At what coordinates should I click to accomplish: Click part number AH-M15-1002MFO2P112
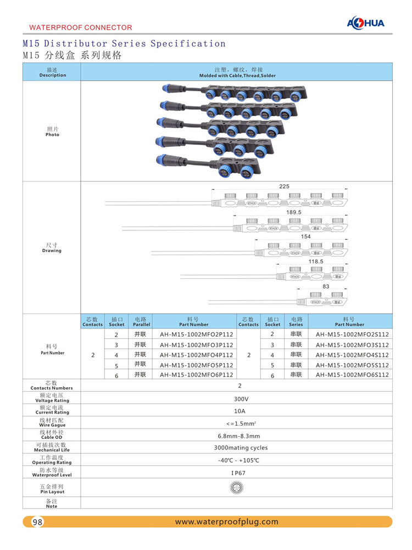pos(196,334)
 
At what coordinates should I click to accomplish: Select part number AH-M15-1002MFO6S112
pos(352,375)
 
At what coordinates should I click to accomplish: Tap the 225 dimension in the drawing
pos(284,187)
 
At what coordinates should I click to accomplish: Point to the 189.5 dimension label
pos(294,212)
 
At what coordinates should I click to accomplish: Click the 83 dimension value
pos(326,287)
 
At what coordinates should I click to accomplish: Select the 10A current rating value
pos(240,411)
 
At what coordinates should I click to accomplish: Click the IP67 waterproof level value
pos(239,472)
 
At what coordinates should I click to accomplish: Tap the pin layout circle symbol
pos(239,487)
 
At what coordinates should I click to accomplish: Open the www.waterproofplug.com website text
pos(226,522)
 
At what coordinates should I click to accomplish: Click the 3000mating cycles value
pos(241,448)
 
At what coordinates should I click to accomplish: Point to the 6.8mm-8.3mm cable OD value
pos(239,436)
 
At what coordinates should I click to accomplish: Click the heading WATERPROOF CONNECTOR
pos(80,27)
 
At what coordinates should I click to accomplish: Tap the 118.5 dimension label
pos(316,262)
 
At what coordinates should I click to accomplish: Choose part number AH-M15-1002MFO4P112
pos(196,355)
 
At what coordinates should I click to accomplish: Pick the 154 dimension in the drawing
pos(306,237)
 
